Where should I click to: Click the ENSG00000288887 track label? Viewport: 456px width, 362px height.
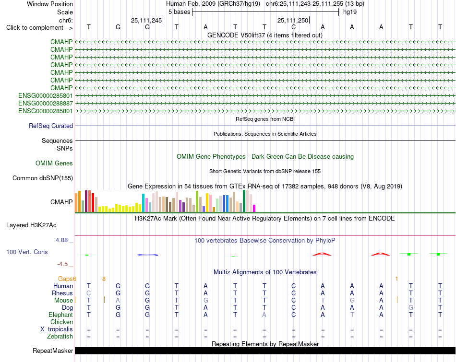[x=46, y=104]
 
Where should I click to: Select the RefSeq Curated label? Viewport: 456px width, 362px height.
[x=51, y=126]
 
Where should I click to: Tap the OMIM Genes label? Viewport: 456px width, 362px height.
[x=54, y=163]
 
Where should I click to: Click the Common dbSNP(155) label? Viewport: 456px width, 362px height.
[x=43, y=178]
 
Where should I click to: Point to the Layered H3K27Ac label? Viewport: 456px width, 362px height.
[x=31, y=225]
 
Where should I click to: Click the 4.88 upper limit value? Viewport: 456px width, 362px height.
[x=61, y=240]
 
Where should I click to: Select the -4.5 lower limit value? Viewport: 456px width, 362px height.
[x=62, y=264]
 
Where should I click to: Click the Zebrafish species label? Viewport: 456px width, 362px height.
[x=60, y=337]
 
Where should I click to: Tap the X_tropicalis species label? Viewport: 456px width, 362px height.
[x=57, y=329]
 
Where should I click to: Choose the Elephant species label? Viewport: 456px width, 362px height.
[x=61, y=315]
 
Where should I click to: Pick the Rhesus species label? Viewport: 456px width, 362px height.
[x=62, y=293]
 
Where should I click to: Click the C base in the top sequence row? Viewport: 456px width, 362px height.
[x=293, y=27]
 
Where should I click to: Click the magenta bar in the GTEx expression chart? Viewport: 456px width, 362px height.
[x=254, y=208]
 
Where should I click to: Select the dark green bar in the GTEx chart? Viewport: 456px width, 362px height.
[x=244, y=201]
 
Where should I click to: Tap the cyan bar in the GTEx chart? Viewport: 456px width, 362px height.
[x=143, y=203]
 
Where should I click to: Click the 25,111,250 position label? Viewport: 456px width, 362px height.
[x=293, y=20]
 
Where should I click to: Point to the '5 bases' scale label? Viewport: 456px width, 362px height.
[x=179, y=12]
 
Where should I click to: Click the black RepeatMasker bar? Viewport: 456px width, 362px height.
[x=265, y=350]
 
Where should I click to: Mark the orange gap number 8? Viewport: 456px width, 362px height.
[x=104, y=279]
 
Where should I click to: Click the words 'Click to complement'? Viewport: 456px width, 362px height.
[x=35, y=28]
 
